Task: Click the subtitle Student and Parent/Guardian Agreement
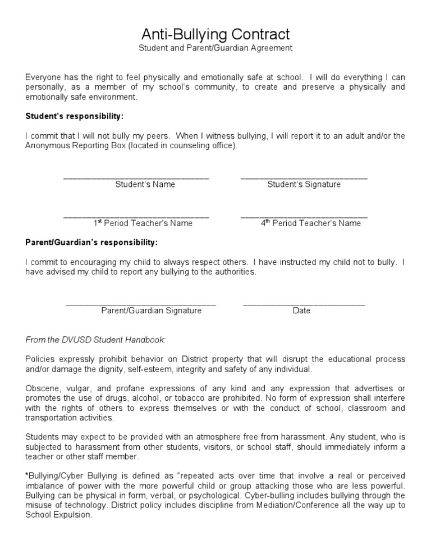[215, 48]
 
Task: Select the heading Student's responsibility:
[74, 116]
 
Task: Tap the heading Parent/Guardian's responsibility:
[91, 243]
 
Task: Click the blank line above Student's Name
[136, 178]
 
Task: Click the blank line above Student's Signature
[304, 178]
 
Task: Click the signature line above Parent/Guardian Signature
[141, 304]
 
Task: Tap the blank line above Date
[304, 304]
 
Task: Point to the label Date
[301, 310]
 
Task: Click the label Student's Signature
[304, 184]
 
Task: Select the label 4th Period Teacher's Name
[310, 223]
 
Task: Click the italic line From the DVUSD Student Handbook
[95, 340]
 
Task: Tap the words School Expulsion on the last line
[58, 515]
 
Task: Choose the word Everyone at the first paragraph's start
[43, 77]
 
